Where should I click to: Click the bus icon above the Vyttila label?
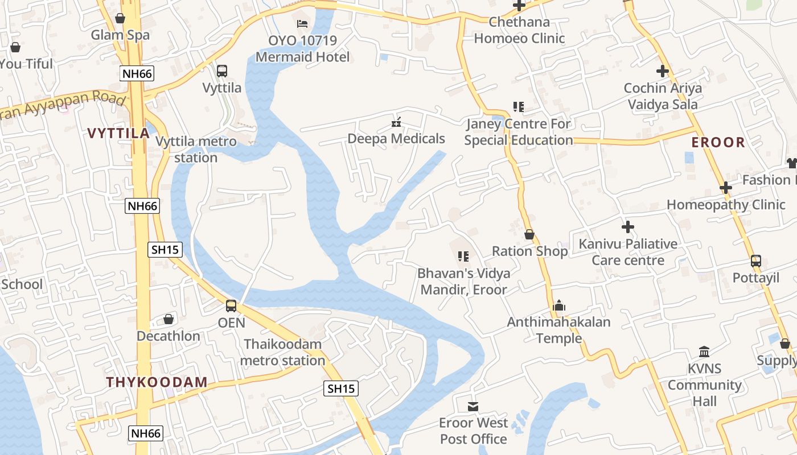(x=222, y=71)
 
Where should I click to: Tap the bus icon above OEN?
(x=231, y=306)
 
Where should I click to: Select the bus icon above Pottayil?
(x=756, y=261)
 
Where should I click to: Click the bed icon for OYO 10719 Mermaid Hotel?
(x=303, y=24)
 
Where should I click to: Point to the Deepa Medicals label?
(x=396, y=139)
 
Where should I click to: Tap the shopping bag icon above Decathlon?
(x=169, y=319)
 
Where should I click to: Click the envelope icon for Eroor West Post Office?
(x=473, y=406)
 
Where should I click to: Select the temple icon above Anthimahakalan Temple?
(x=559, y=306)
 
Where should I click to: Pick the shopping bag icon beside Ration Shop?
(x=529, y=234)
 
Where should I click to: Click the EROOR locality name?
(x=718, y=143)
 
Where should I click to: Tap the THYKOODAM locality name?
(x=157, y=382)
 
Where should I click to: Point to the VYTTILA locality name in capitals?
(x=118, y=134)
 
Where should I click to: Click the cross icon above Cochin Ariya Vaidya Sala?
(x=662, y=72)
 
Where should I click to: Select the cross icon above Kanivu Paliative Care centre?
(x=628, y=227)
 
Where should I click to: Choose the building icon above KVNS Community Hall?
(x=704, y=351)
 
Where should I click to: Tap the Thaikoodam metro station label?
(x=282, y=353)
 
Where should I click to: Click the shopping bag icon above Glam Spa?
(x=120, y=18)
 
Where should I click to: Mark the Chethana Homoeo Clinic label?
(x=519, y=31)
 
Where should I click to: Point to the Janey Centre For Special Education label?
(x=519, y=132)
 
